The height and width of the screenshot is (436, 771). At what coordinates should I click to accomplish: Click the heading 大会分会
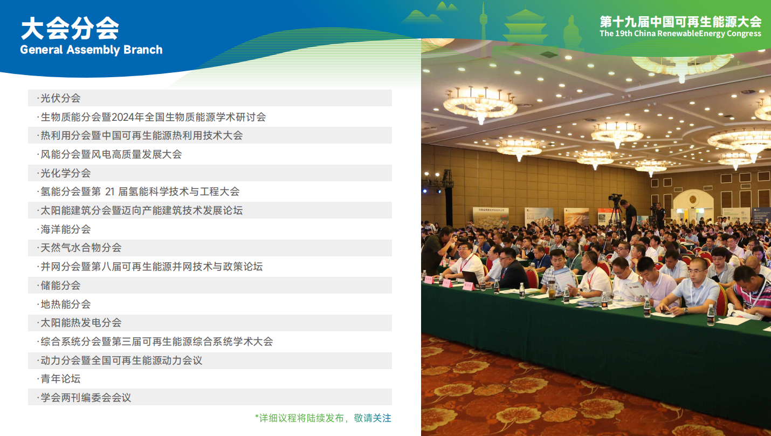(x=70, y=28)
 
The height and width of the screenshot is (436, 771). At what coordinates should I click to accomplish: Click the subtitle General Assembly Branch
(x=91, y=50)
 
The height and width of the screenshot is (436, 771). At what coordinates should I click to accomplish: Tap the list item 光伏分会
(x=60, y=98)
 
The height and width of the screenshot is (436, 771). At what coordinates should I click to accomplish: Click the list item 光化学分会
(x=65, y=173)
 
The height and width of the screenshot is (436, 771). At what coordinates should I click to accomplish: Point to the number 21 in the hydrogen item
(x=110, y=192)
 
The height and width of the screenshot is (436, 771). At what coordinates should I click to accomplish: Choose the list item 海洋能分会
(x=65, y=229)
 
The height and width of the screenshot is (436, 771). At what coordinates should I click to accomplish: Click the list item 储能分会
(x=60, y=285)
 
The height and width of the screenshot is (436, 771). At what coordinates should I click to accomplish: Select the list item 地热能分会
(x=65, y=304)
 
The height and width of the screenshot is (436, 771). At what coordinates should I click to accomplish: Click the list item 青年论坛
(x=60, y=379)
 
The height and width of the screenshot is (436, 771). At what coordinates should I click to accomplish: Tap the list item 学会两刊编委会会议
(x=86, y=398)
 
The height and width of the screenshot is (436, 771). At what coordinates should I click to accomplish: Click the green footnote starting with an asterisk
(x=323, y=418)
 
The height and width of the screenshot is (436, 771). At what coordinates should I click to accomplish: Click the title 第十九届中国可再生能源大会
(x=680, y=22)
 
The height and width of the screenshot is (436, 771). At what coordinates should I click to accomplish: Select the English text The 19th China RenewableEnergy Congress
(x=680, y=33)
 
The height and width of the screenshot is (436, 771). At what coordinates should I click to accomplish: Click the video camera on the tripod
(x=615, y=197)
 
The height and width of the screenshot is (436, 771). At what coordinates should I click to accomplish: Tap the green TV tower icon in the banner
(x=484, y=21)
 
